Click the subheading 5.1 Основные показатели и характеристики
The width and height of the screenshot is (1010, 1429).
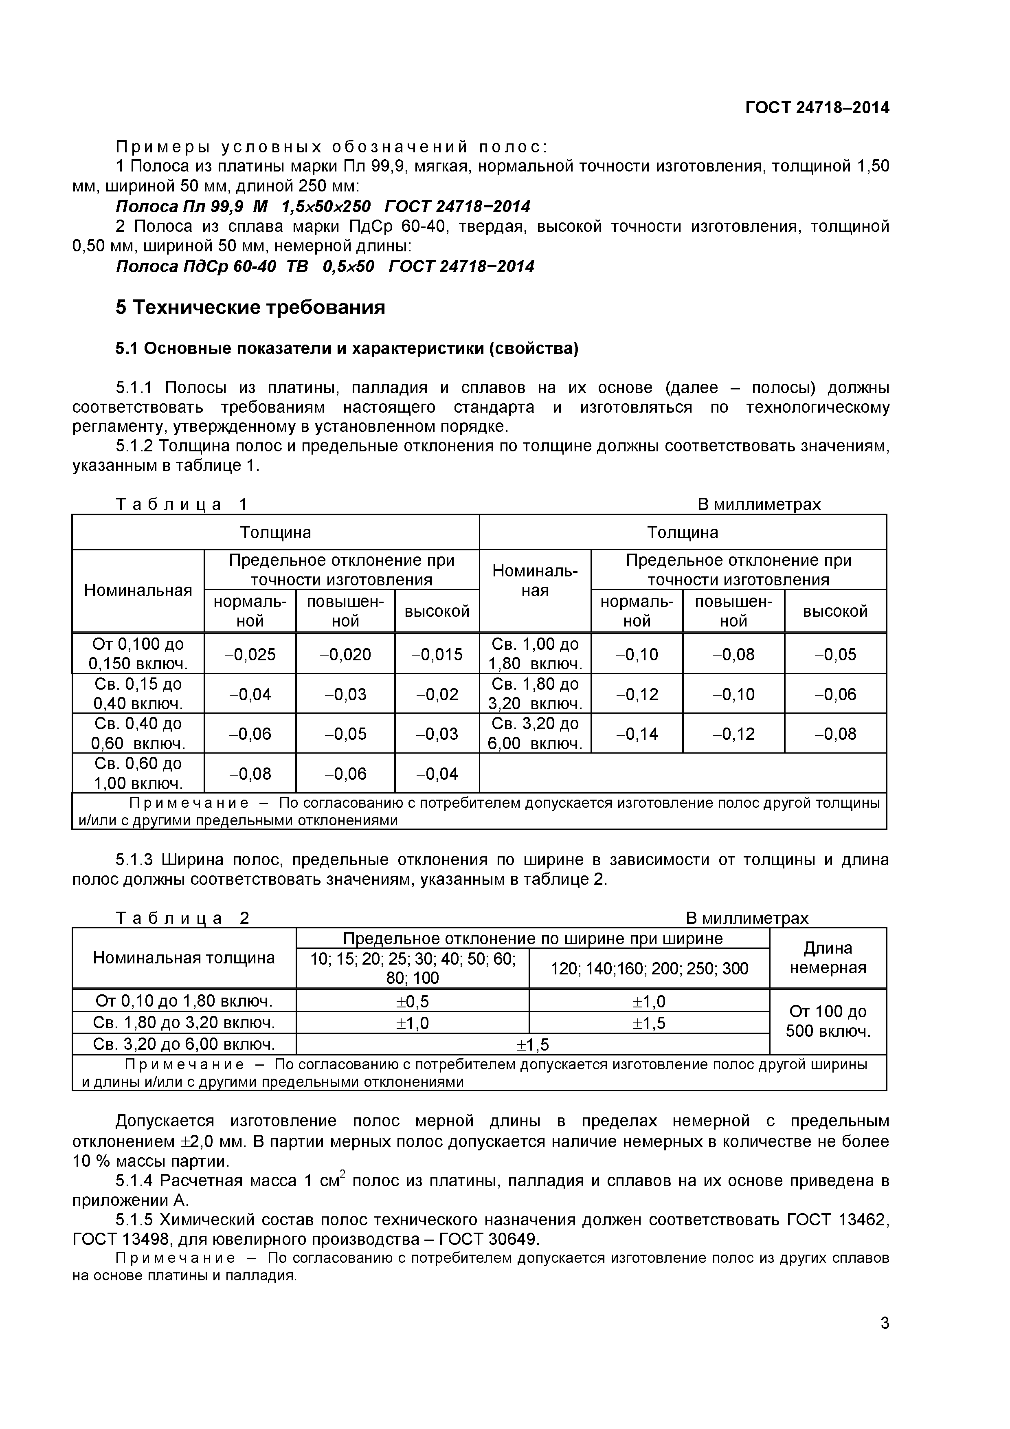click(x=347, y=349)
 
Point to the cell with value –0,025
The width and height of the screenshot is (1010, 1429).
click(x=250, y=654)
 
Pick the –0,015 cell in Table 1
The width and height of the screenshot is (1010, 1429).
click(x=437, y=654)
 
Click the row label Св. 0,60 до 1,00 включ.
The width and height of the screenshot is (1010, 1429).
click(x=138, y=773)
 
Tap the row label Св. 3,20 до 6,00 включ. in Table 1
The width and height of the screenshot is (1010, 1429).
click(x=535, y=733)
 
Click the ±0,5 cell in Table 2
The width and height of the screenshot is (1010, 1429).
click(x=412, y=1001)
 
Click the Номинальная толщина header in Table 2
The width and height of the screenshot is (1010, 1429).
click(x=184, y=958)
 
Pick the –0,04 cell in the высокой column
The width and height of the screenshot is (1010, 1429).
click(x=437, y=774)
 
